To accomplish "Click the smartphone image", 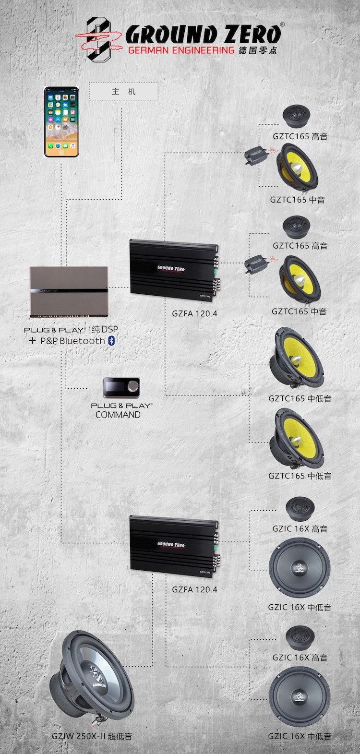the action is point(61,122).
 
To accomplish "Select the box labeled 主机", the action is point(123,92).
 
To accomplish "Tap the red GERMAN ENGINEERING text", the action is point(181,50).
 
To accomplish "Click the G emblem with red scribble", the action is point(98,40).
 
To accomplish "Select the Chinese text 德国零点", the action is point(258,50).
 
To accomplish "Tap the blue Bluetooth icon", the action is point(111,341).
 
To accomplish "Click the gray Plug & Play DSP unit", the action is point(69,292).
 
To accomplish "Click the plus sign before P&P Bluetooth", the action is point(32,341).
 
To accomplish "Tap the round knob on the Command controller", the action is point(133,386).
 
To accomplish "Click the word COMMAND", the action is point(118,415).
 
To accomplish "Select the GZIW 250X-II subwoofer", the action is point(92,679).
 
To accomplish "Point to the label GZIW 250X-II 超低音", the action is point(92,736).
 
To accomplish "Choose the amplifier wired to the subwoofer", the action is point(174,546).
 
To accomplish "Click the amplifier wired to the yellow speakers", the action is point(174,270).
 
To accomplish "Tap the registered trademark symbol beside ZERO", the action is point(282,24).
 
